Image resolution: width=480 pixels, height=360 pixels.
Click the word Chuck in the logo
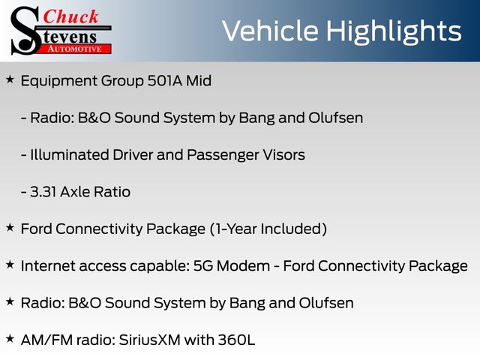pyautogui.click(x=70, y=16)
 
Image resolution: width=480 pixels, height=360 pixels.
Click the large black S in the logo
pyautogui.click(x=25, y=31)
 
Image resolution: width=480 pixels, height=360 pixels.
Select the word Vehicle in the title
pyautogui.click(x=270, y=31)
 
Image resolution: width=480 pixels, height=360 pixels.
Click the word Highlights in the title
pyautogui.click(x=393, y=32)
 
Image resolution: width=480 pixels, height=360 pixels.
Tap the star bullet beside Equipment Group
pyautogui.click(x=10, y=80)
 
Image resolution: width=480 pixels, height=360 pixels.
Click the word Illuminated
pyautogui.click(x=70, y=154)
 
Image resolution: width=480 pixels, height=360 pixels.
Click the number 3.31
pyautogui.click(x=43, y=192)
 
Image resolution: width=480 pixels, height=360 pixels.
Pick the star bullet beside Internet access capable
pyautogui.click(x=10, y=265)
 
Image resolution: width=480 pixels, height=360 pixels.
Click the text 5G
pyautogui.click(x=203, y=265)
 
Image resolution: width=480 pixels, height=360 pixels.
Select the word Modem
pyautogui.click(x=243, y=265)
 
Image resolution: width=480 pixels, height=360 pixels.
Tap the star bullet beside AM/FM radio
pyautogui.click(x=10, y=339)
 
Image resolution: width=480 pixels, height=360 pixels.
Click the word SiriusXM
pyautogui.click(x=149, y=340)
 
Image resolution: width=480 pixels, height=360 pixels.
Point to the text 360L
pyautogui.click(x=236, y=340)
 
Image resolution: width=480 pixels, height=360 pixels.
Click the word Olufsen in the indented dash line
pyautogui.click(x=335, y=118)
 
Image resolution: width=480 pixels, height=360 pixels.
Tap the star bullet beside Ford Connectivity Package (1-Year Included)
pyautogui.click(x=10, y=228)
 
